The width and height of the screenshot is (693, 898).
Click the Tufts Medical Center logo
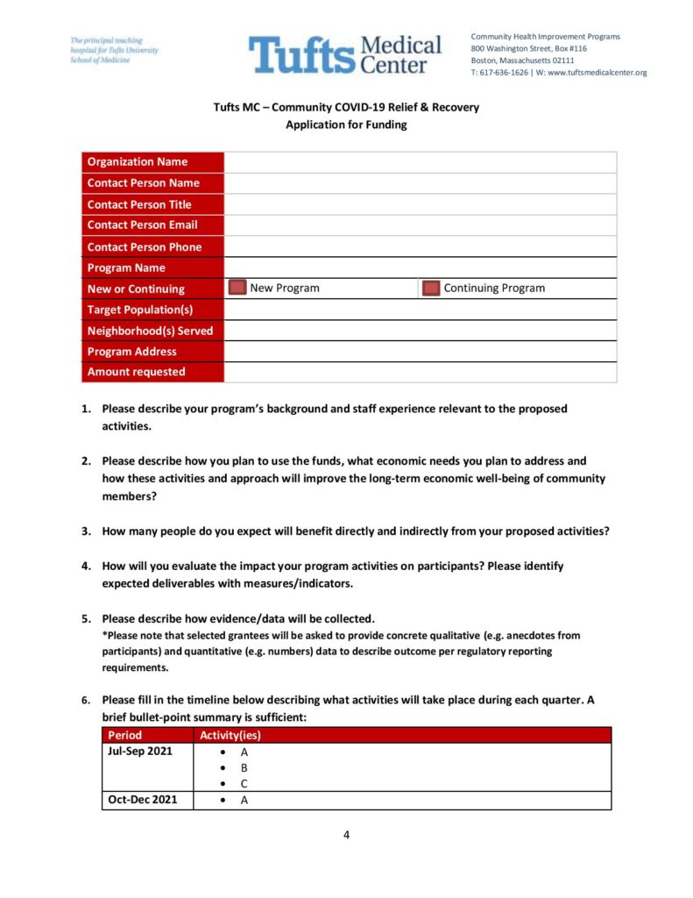coord(345,54)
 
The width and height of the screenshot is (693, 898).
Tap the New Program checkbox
coord(237,289)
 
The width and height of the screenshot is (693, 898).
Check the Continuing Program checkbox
coord(431,289)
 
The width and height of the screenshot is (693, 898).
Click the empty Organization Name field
coord(420,162)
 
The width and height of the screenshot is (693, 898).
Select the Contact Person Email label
coord(143,225)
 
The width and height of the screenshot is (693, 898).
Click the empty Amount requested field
coord(420,372)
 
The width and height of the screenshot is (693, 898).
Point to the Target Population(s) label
coord(140,310)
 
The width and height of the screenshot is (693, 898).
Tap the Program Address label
coord(132,352)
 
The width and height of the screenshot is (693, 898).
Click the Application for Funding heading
coord(346,125)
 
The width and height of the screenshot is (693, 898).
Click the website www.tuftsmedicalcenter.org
coord(597,73)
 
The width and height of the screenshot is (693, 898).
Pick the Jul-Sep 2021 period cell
coord(140,752)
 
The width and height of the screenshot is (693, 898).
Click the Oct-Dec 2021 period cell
coord(143,800)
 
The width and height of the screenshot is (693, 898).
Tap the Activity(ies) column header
coord(230,735)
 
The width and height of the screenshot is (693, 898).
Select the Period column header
coord(124,735)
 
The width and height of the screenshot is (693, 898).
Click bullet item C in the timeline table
coord(244,783)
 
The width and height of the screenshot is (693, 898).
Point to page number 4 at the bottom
coord(346,835)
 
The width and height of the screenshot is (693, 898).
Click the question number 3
coord(86,531)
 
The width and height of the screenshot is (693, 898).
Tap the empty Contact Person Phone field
coord(420,246)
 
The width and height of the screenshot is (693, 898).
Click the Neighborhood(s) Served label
coord(150,331)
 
